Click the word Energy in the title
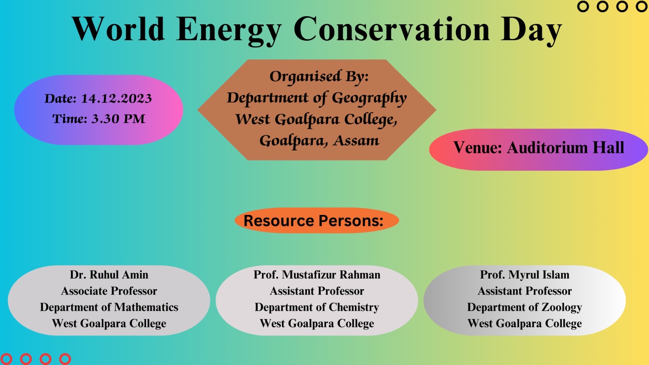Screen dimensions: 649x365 (229, 30)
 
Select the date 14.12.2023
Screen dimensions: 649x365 (116, 99)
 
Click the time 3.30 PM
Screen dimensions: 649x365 (118, 119)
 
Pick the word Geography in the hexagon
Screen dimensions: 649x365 (369, 98)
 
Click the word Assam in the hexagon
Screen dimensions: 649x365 (356, 141)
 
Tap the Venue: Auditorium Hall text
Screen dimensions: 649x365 (539, 148)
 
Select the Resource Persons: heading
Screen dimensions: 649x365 (314, 221)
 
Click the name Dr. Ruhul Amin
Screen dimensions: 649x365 (109, 275)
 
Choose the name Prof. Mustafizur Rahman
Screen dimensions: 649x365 (317, 275)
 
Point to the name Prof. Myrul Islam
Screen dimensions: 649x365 (524, 275)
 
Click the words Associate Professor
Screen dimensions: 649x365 (109, 291)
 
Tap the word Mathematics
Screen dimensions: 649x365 (146, 307)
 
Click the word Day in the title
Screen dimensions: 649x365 (531, 30)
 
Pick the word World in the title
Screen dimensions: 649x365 (118, 29)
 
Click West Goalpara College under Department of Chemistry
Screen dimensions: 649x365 (317, 324)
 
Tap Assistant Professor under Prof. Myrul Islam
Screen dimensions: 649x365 (524, 291)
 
